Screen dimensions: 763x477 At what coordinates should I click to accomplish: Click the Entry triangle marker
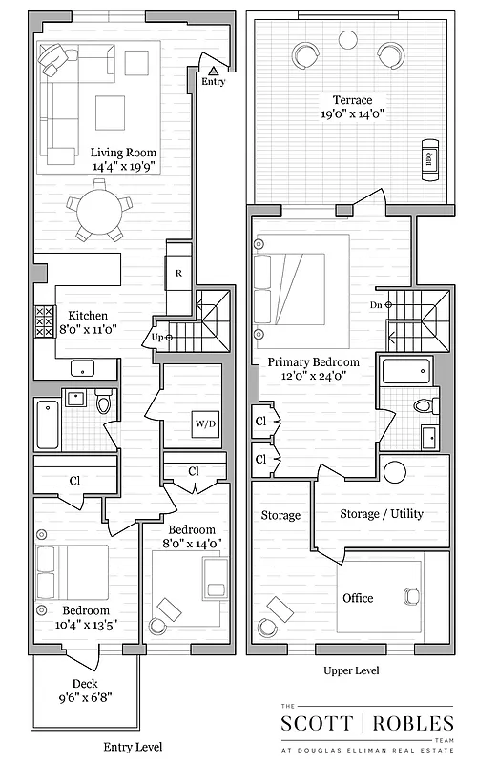[214, 70]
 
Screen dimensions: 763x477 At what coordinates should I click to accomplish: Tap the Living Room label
[123, 158]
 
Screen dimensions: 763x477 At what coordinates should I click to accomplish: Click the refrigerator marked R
[178, 273]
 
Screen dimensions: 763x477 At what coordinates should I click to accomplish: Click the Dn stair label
[375, 305]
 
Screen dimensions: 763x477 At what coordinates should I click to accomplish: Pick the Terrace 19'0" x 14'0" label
[352, 107]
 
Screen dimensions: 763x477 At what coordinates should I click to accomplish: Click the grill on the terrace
[428, 159]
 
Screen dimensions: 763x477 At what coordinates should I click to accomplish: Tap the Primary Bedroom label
[313, 369]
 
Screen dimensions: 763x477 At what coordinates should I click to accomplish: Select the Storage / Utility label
[382, 514]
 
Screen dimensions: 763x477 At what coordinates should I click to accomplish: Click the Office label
[358, 598]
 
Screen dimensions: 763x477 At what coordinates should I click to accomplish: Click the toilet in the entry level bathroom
[104, 404]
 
